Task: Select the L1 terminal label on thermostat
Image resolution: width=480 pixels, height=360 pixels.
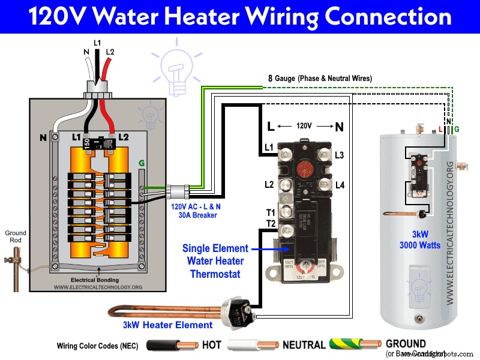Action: tap(269, 148)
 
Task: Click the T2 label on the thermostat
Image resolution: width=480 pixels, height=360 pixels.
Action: tap(270, 223)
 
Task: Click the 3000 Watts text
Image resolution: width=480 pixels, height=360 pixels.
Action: tap(421, 245)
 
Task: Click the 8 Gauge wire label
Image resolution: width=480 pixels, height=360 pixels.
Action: tap(320, 79)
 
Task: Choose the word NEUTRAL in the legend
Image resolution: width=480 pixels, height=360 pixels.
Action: tap(304, 346)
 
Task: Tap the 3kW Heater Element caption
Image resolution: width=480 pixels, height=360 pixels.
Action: tap(167, 325)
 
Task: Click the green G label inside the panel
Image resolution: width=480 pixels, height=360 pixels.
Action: tap(142, 163)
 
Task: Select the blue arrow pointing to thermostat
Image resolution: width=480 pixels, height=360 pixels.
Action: tap(262, 248)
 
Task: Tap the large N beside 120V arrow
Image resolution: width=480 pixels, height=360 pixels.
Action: tap(339, 127)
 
